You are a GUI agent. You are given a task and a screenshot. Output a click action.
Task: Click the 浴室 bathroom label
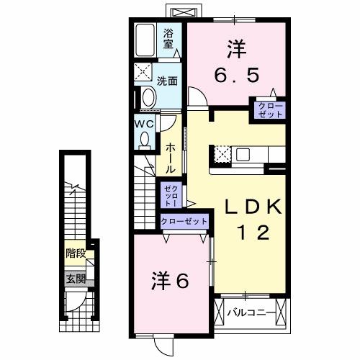[169, 38]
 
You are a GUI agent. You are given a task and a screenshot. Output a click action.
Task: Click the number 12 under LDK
[253, 233]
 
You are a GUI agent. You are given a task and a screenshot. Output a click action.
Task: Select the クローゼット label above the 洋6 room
[184, 221]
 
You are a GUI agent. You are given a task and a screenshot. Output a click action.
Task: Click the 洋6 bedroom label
[170, 282]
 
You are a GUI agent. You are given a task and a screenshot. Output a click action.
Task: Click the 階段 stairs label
[75, 253]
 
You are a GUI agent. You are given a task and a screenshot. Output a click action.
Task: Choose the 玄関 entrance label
[76, 279]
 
